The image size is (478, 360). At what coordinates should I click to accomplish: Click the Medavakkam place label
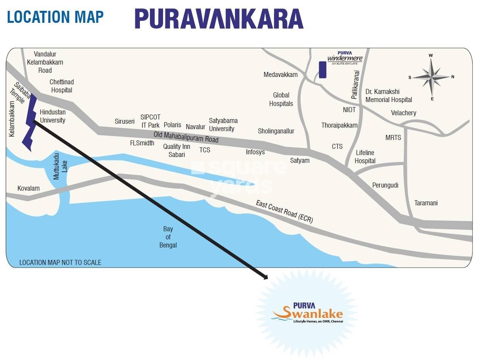tap(281, 75)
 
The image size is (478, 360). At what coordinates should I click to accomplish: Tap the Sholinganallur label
tap(276, 131)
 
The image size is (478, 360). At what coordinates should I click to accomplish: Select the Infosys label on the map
tap(255, 152)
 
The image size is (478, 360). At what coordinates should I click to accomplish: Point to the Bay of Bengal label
tap(168, 237)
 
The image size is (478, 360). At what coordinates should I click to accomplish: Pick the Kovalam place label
tap(28, 188)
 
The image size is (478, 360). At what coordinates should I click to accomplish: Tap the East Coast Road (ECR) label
tap(284, 212)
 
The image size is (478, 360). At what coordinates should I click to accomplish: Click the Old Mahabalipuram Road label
tap(186, 137)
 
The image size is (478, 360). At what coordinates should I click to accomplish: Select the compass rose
tap(431, 77)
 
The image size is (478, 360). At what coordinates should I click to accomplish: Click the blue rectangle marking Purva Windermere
tap(322, 70)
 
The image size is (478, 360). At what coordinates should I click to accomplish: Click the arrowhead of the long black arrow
tap(265, 276)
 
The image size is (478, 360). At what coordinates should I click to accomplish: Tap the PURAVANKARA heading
tap(219, 19)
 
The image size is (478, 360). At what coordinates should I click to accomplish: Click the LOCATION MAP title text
tap(55, 17)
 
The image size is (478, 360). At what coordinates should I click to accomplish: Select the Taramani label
tap(426, 203)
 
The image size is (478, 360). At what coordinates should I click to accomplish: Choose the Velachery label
tap(403, 113)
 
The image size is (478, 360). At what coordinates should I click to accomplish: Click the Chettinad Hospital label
tap(61, 86)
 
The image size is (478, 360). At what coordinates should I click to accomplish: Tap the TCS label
tap(205, 150)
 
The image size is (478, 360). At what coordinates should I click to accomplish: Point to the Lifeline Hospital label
tap(365, 157)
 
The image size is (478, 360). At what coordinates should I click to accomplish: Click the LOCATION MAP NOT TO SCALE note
tap(60, 263)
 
